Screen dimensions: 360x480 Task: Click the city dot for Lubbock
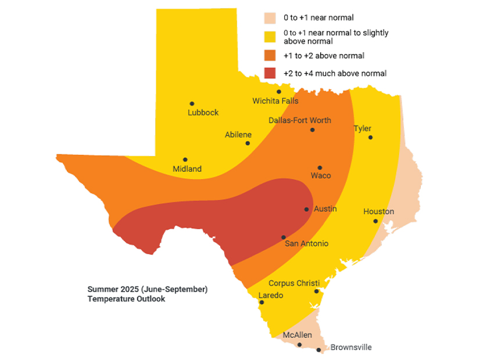192,103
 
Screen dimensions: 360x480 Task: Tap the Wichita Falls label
275,101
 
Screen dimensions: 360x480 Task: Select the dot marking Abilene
248,143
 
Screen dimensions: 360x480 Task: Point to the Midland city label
187,169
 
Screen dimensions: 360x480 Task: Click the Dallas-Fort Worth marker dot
312,129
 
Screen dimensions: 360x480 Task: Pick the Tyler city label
363,128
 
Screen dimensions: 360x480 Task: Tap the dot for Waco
320,168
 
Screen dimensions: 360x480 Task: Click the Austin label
325,208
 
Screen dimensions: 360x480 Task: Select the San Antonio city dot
283,237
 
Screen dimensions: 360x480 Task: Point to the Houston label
378,211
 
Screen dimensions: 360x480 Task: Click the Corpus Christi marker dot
317,291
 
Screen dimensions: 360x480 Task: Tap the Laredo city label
271,296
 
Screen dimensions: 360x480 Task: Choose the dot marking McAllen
299,344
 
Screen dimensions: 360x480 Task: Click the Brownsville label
351,347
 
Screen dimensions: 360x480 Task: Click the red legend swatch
270,73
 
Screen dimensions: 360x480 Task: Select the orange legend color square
270,56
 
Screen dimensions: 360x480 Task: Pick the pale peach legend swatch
270,17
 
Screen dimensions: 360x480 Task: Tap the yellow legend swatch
270,37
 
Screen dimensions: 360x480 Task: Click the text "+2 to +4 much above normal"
335,73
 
